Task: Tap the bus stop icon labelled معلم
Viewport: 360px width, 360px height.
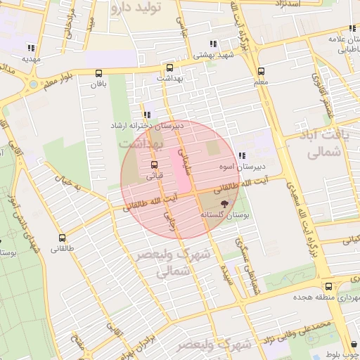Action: click(262, 71)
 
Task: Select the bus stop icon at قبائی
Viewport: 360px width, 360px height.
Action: click(154, 165)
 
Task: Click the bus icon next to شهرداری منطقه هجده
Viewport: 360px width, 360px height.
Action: click(329, 286)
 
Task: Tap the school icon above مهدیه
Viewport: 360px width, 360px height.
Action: click(30, 48)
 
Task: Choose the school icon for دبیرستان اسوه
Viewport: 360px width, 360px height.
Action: click(242, 155)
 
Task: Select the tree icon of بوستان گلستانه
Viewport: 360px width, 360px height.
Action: click(222, 202)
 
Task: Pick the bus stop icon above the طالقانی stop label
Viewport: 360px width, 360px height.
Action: click(63, 238)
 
